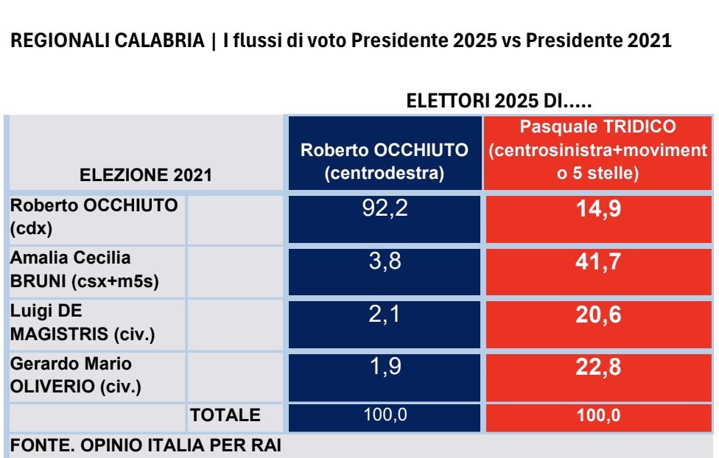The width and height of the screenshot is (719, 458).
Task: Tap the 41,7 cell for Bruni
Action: click(x=599, y=262)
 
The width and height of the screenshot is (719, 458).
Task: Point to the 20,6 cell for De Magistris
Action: click(x=599, y=315)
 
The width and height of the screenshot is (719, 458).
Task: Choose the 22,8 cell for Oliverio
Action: click(x=599, y=368)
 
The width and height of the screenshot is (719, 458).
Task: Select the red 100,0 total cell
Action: click(x=599, y=415)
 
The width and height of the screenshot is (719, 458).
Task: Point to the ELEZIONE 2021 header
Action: click(x=145, y=175)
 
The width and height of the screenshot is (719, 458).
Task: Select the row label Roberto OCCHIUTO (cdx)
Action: click(x=94, y=217)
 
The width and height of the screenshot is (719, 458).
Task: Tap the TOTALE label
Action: click(x=225, y=415)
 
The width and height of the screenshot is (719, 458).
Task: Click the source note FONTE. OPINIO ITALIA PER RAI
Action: click(x=145, y=445)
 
